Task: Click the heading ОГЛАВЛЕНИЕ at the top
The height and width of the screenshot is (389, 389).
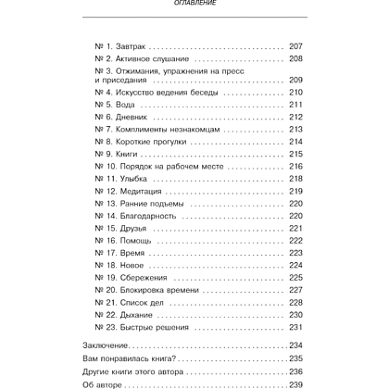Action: (x=194, y=5)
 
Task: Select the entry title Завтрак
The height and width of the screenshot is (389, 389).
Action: (x=133, y=44)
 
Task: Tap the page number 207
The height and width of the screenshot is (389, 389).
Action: (x=296, y=44)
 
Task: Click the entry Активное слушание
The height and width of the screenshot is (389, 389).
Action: (x=153, y=57)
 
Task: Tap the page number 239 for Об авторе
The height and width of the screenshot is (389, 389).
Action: (x=296, y=383)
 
